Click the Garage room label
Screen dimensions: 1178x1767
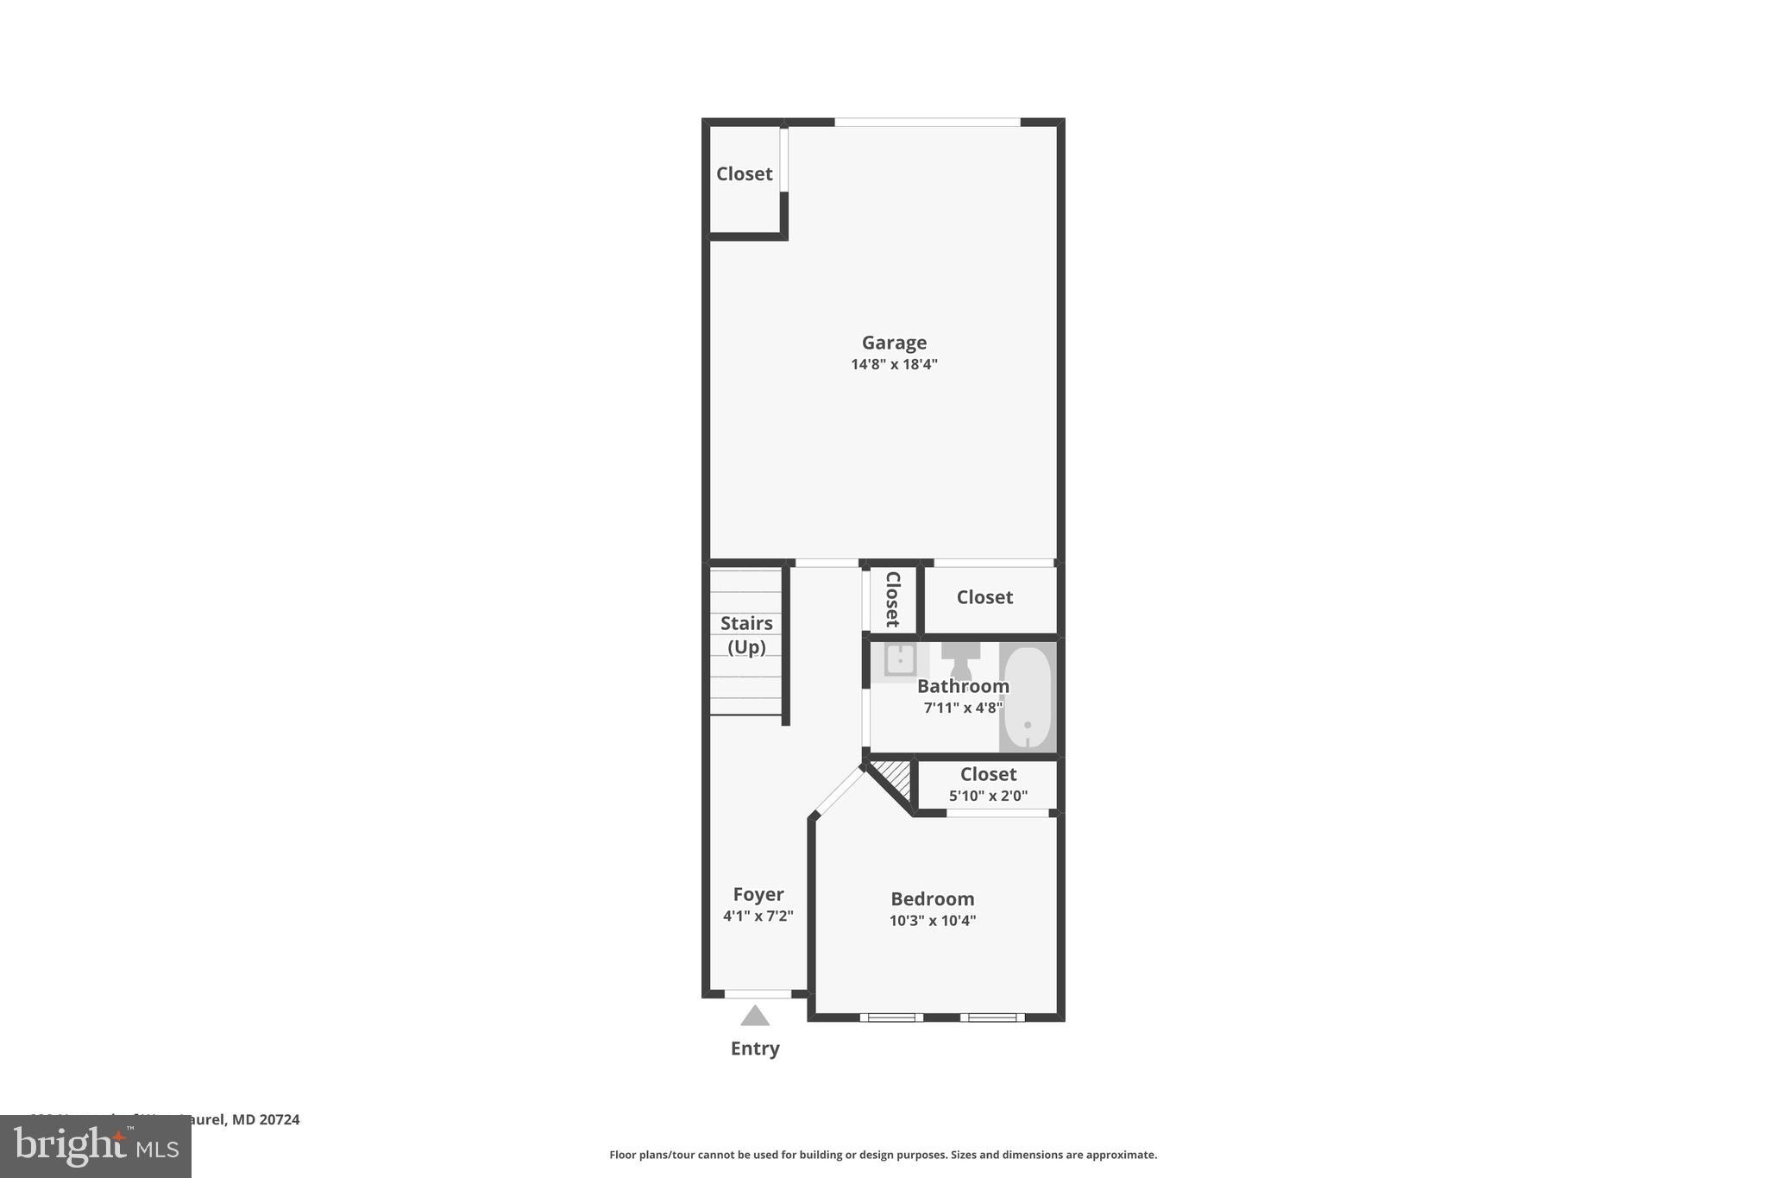pos(894,343)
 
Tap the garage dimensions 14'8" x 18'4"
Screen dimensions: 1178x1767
pos(894,364)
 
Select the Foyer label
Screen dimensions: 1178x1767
pos(758,894)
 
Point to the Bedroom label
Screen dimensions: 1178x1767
pos(932,899)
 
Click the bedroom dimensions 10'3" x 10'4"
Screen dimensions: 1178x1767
pos(932,921)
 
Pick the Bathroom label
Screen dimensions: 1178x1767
pos(963,686)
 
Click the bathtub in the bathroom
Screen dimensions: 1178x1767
pos(1028,697)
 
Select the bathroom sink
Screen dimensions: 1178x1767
pos(899,660)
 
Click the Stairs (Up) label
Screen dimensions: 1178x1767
pos(746,634)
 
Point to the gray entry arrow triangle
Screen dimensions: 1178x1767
pos(755,1016)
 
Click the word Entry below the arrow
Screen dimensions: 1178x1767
pos(755,1049)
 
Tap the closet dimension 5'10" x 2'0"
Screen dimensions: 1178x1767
pos(988,796)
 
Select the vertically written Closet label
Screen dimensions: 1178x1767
pos(892,599)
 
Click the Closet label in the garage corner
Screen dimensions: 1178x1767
pos(744,173)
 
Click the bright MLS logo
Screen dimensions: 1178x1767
pos(96,1146)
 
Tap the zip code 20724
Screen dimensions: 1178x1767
pos(279,1119)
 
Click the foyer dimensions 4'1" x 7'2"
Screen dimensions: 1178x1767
pos(758,916)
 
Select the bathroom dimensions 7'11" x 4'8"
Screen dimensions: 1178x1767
pos(963,708)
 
